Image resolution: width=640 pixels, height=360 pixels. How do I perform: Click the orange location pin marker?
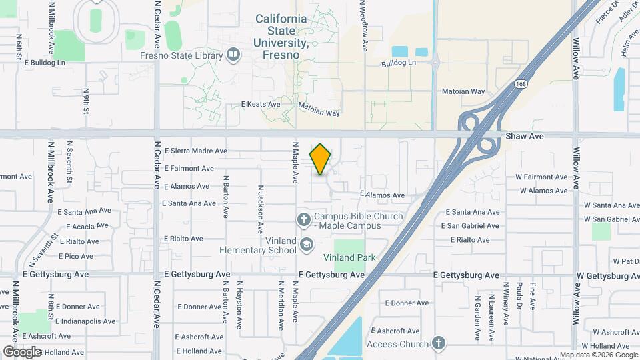coord(320,159)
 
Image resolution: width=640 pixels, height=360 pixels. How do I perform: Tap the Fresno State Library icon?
coord(233,55)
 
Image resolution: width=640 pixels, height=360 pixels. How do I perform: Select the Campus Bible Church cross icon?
coord(303,218)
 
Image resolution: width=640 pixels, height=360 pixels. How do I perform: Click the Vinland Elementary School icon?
coord(306,245)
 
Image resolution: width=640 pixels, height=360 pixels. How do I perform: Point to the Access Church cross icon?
coord(437,343)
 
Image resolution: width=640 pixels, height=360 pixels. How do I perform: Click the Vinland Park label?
coord(349,257)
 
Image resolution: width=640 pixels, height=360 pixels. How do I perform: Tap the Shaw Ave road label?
coord(525,136)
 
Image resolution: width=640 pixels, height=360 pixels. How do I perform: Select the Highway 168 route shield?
coord(521,84)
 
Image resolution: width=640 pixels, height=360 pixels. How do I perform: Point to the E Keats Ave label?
coord(260,105)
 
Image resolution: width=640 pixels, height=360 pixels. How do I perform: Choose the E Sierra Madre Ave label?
coord(195,151)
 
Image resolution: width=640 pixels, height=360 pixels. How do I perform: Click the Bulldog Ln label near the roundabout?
coord(398,63)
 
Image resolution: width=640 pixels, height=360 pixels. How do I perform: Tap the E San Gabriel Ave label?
coord(473,226)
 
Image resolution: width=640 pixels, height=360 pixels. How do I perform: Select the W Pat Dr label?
coord(625,261)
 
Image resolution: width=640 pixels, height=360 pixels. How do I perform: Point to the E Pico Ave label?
coord(75,256)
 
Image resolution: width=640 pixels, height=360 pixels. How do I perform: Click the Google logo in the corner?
coord(22,351)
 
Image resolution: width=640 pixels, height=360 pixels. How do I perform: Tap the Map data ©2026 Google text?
coord(598,355)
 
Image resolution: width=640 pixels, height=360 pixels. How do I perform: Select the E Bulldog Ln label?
coord(46,62)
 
